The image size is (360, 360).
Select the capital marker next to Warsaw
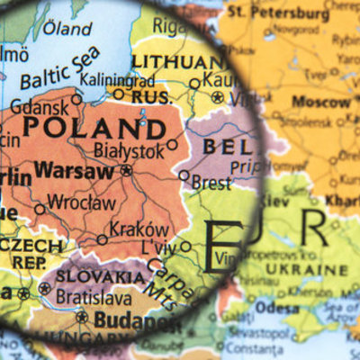coord(126,169)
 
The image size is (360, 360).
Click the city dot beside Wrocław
coord(40,209)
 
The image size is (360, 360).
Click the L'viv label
coord(155,247)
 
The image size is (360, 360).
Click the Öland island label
coord(67,29)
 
